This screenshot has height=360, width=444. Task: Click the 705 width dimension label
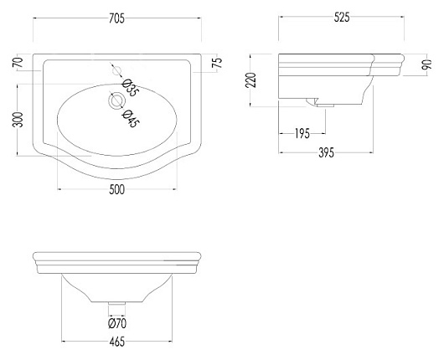tap(116, 18)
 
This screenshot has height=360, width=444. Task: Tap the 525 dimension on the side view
tap(342, 18)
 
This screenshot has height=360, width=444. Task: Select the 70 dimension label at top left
tap(18, 62)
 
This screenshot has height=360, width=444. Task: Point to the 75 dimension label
tap(218, 63)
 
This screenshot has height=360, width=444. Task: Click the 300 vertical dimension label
tap(18, 120)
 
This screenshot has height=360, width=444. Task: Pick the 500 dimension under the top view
tap(117, 189)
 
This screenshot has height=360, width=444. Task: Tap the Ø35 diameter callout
tap(131, 88)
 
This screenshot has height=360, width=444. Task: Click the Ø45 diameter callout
tap(131, 118)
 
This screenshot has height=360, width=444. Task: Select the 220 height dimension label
tap(250, 80)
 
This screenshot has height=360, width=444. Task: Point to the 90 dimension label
tap(426, 64)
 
